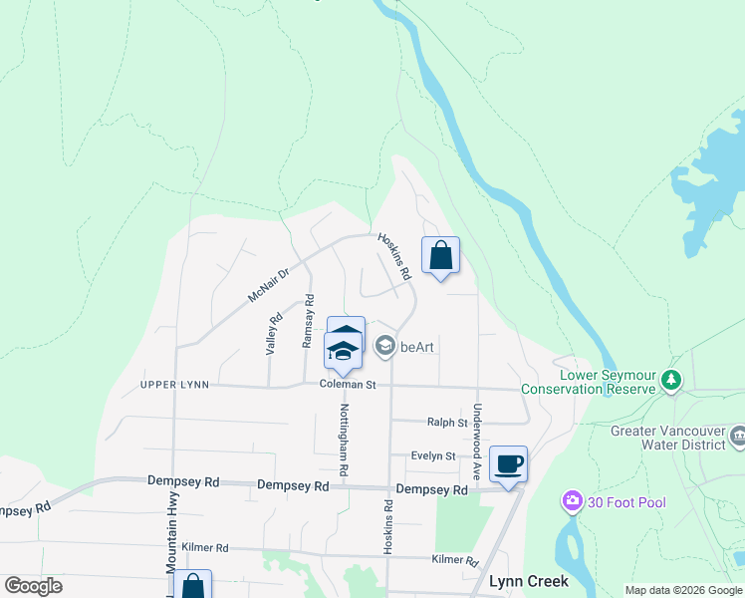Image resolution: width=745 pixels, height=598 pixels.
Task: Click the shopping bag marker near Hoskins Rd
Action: click(x=440, y=256)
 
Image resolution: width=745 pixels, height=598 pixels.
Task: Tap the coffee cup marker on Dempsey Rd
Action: click(x=509, y=464)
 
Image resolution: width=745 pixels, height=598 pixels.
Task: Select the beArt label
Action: click(x=421, y=347)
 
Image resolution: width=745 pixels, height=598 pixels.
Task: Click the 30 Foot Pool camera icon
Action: click(x=572, y=500)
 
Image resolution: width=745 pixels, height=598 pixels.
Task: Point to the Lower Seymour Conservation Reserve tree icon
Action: click(x=672, y=380)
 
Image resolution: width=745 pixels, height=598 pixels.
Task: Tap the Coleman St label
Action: click(x=348, y=384)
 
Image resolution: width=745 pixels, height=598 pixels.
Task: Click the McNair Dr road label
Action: click(x=268, y=285)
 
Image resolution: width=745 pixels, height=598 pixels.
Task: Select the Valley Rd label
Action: click(x=269, y=334)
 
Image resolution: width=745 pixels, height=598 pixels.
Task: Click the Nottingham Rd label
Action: click(x=344, y=439)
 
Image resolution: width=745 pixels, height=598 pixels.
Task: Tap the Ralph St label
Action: click(x=447, y=423)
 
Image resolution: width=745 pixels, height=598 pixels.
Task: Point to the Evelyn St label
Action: click(x=434, y=455)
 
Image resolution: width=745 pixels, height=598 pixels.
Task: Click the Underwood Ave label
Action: click(x=478, y=438)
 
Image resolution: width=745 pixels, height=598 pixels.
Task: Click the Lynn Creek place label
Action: click(x=528, y=580)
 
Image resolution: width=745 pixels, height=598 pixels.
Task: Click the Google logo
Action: click(x=34, y=586)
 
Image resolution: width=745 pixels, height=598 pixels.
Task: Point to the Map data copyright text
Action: click(x=683, y=590)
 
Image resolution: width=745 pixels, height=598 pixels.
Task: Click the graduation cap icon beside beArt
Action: click(x=385, y=346)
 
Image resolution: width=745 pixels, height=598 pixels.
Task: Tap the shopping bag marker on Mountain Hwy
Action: click(x=192, y=587)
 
